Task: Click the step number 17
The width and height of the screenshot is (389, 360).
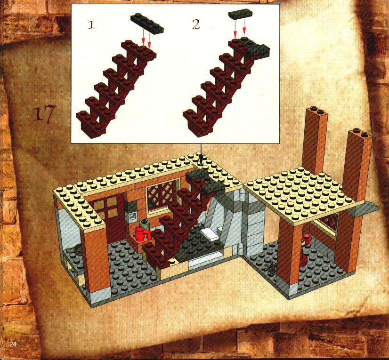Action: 43,114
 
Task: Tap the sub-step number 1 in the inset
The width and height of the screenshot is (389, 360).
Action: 91,25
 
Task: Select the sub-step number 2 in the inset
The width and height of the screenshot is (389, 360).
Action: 196,25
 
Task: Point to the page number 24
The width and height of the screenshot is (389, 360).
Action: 13,344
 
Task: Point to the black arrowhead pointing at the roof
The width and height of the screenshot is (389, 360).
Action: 201,159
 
